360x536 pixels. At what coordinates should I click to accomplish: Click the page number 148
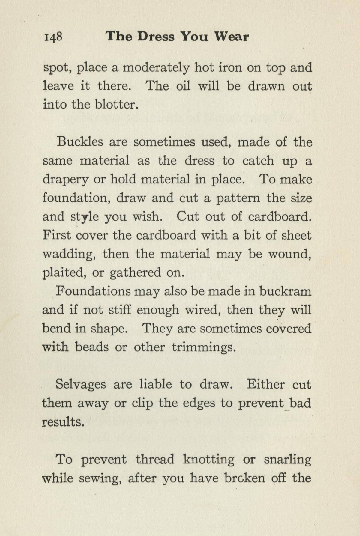click(53, 37)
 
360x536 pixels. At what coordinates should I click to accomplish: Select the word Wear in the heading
click(231, 37)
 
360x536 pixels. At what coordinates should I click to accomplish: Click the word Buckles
click(80, 141)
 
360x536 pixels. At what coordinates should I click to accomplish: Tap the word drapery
click(65, 180)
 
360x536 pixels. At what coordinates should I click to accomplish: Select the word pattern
click(238, 198)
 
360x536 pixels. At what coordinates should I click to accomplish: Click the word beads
click(92, 347)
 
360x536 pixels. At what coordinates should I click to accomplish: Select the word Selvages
click(81, 384)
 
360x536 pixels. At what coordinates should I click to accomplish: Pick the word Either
click(265, 384)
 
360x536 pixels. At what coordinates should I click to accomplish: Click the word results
click(63, 422)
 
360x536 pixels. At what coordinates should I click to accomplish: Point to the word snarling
click(287, 459)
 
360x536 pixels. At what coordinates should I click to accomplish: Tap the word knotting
click(208, 459)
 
